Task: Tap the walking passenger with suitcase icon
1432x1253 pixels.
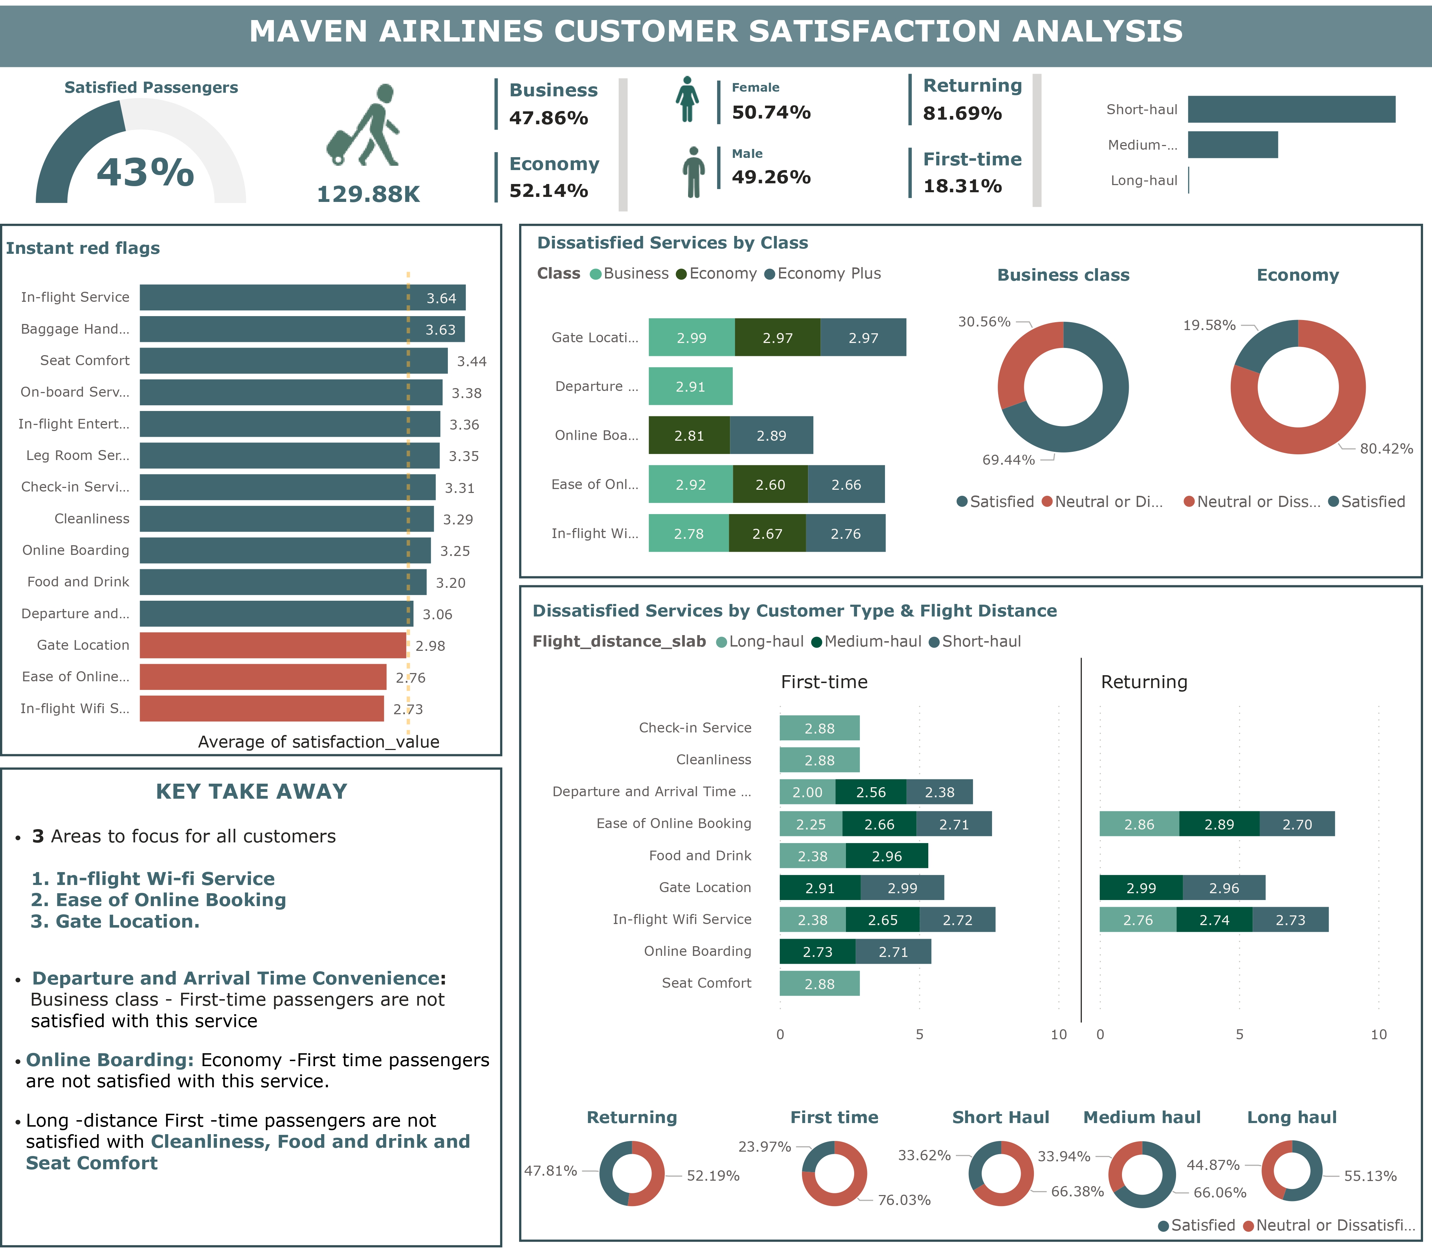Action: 364,126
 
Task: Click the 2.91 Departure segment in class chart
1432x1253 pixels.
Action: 690,387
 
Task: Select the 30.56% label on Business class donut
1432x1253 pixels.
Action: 984,321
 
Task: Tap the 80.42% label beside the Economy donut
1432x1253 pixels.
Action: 1386,449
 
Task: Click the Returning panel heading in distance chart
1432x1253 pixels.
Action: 1144,682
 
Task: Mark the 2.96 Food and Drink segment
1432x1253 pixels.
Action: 887,857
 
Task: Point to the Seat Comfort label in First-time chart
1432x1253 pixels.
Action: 706,983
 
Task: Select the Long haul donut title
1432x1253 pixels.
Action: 1291,1117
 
